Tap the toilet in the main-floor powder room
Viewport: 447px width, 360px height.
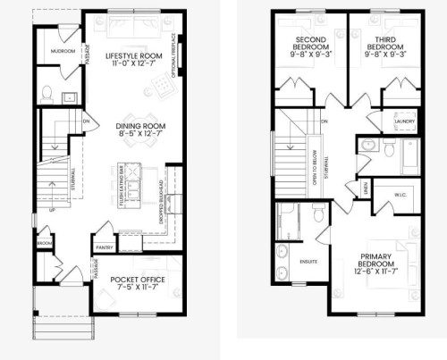pos(48,92)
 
